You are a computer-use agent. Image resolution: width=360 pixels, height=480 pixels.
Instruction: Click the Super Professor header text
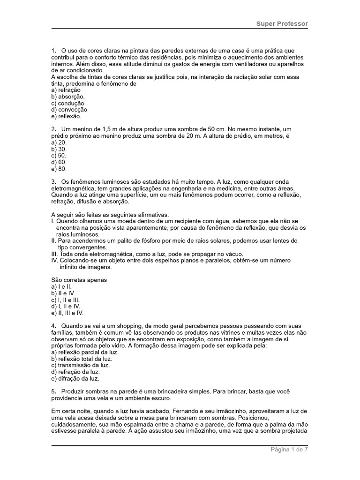(282, 23)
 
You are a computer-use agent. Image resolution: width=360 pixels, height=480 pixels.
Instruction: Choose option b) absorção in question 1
(68, 97)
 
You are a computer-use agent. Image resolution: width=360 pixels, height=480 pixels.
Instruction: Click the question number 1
(53, 51)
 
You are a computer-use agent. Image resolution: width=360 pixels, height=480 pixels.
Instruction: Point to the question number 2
(53, 129)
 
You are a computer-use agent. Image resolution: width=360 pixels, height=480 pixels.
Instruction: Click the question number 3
(53, 181)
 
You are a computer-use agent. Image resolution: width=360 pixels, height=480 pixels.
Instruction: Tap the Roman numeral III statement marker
(54, 254)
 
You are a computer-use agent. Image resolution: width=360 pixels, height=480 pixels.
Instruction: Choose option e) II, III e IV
(67, 313)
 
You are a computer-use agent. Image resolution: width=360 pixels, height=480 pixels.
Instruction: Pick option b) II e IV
(63, 293)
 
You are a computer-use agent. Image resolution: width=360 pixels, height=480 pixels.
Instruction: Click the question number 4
(53, 326)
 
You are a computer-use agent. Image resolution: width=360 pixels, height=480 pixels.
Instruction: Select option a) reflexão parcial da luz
(85, 352)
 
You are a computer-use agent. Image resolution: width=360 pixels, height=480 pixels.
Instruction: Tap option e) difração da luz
(75, 378)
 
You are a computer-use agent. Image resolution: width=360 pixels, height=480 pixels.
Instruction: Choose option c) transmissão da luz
(77, 365)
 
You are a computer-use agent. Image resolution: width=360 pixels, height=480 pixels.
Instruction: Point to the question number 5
(53, 391)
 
